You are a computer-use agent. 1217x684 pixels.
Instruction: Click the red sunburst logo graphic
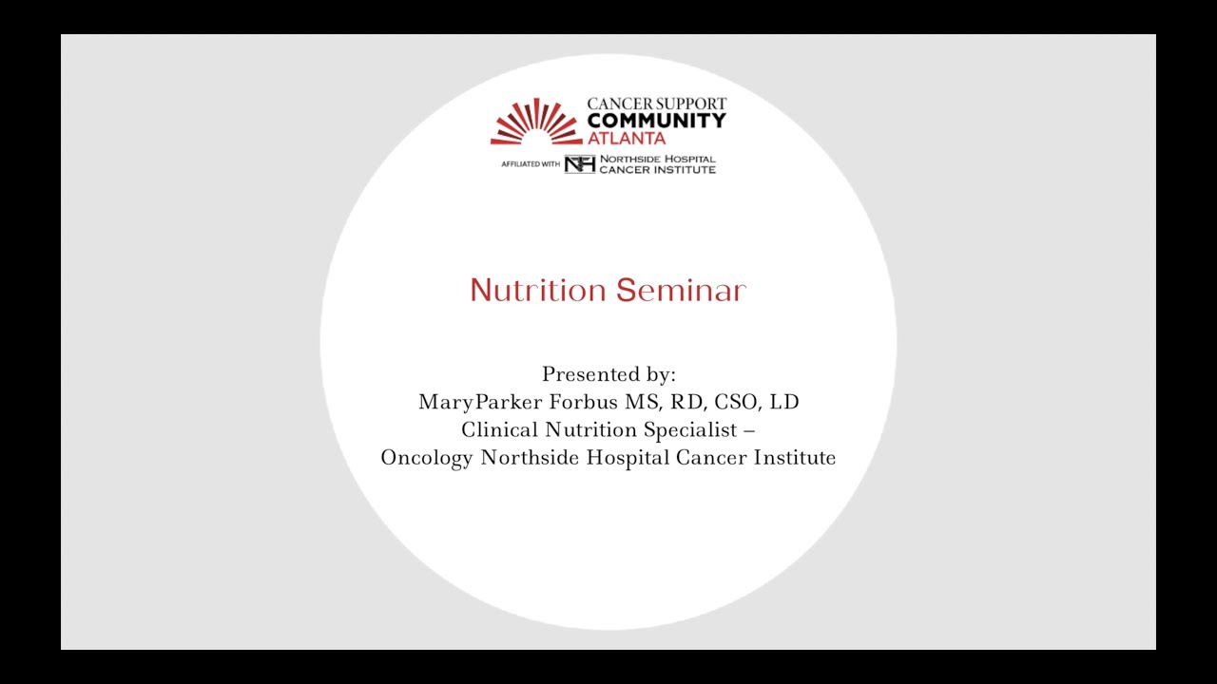(x=536, y=123)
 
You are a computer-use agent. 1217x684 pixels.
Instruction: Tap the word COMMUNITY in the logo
(x=656, y=121)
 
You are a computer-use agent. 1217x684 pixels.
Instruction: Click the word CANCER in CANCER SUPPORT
(x=616, y=104)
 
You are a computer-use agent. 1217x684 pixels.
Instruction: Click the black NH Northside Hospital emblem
(x=579, y=164)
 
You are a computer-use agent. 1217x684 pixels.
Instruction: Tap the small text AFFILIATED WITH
(x=531, y=164)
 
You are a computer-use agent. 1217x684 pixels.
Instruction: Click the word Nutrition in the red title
(x=538, y=291)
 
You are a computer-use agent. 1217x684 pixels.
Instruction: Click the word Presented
(x=587, y=374)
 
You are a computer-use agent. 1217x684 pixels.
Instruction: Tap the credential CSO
(x=727, y=402)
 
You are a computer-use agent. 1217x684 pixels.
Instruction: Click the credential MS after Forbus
(x=633, y=402)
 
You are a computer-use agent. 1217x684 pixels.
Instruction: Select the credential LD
(x=784, y=402)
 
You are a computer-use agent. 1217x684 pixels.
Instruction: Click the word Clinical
(x=500, y=429)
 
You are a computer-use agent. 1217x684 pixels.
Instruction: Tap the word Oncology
(x=427, y=457)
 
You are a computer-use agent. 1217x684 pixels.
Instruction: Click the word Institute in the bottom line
(x=795, y=457)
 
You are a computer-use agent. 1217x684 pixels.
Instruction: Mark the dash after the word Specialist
(x=749, y=429)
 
